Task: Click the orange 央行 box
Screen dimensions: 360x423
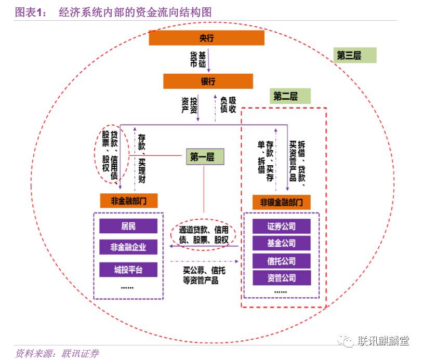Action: click(x=206, y=38)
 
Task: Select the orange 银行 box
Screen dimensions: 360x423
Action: click(x=208, y=81)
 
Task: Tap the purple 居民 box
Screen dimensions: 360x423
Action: click(x=128, y=226)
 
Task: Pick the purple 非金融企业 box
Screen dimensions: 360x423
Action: click(x=128, y=247)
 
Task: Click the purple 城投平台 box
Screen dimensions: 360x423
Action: click(x=128, y=269)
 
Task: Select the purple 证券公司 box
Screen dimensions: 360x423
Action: click(x=281, y=226)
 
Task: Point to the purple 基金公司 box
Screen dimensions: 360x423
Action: click(x=281, y=243)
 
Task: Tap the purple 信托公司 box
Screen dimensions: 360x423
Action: click(x=281, y=261)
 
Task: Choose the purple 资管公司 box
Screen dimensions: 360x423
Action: click(x=281, y=277)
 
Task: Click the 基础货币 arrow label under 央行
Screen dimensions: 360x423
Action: click(x=198, y=60)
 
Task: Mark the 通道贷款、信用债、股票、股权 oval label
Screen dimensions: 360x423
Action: click(x=204, y=234)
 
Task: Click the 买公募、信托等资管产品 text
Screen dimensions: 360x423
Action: click(x=204, y=275)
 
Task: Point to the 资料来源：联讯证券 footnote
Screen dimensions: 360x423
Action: click(x=57, y=354)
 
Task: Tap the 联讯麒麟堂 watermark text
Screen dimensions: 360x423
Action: click(x=383, y=341)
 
